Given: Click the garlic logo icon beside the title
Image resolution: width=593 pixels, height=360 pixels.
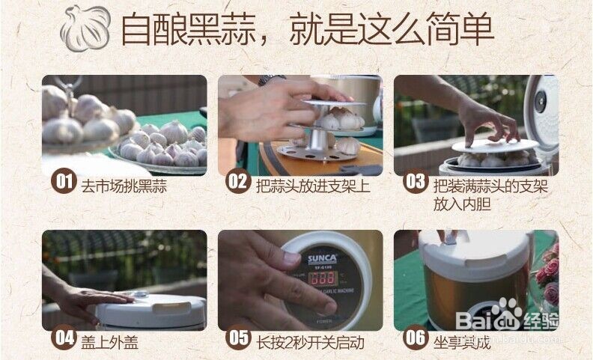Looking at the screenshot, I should [x=85, y=27].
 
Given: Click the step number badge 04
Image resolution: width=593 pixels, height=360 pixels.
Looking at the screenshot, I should [x=63, y=338].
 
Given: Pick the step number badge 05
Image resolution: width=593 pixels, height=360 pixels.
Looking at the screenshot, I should [x=238, y=338].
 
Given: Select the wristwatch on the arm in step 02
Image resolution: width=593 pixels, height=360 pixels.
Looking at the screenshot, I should [x=271, y=79].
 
